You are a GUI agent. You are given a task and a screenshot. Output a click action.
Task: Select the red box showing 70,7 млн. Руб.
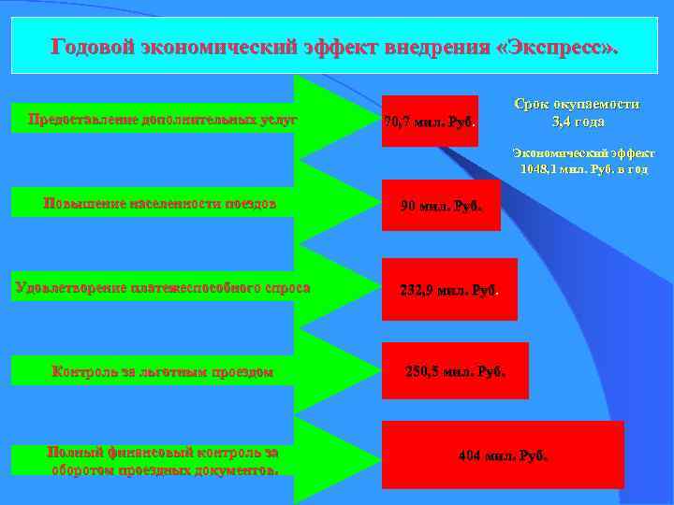coord(430,122)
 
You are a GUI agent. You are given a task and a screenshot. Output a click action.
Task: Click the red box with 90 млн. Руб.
coord(441,206)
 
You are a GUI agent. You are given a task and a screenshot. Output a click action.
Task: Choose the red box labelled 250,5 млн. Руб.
coord(455,371)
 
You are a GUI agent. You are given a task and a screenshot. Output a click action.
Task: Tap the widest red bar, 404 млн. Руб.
coord(503,455)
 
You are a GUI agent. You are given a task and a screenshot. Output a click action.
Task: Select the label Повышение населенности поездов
coord(160,203)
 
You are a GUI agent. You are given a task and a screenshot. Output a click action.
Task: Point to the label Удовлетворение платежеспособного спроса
coord(162,287)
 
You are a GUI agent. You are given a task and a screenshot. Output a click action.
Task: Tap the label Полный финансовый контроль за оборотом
coord(162,460)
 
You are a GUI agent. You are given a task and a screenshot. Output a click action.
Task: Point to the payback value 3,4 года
coord(579,122)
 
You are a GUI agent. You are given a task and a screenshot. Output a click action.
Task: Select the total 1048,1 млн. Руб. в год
coord(584,169)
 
